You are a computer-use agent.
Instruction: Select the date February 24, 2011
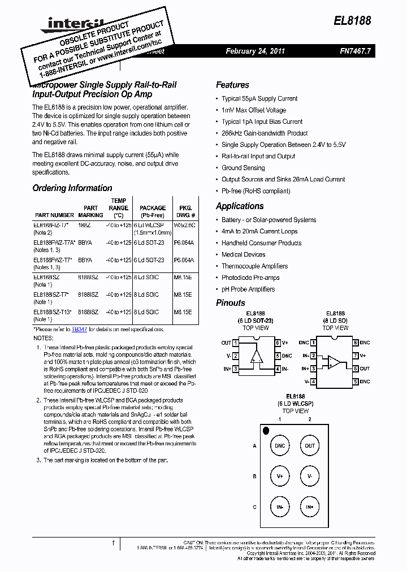point(255,51)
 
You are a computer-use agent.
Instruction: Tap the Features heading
point(232,85)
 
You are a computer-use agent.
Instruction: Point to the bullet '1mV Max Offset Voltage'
point(253,110)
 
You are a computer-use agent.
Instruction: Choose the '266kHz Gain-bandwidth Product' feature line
point(265,133)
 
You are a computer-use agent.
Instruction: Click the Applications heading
point(240,206)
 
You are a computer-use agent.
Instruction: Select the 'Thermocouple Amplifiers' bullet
point(254,266)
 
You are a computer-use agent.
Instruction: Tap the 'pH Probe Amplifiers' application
point(248,289)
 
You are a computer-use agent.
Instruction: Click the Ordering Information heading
point(72,188)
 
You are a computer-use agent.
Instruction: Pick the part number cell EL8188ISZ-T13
point(52,312)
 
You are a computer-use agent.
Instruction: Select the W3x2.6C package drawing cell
point(184,225)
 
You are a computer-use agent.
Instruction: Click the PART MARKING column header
point(90,211)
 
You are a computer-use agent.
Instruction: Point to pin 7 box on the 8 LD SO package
point(356,356)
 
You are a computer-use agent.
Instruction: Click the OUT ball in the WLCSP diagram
point(310,445)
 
